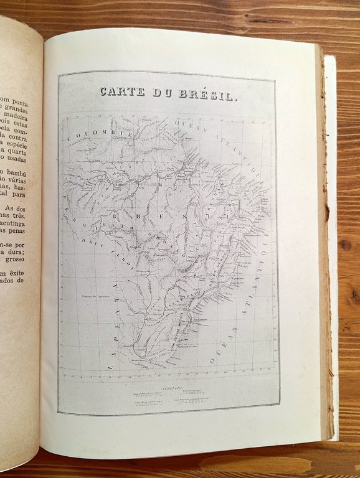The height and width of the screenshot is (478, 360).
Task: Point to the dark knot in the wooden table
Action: (344, 244)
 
